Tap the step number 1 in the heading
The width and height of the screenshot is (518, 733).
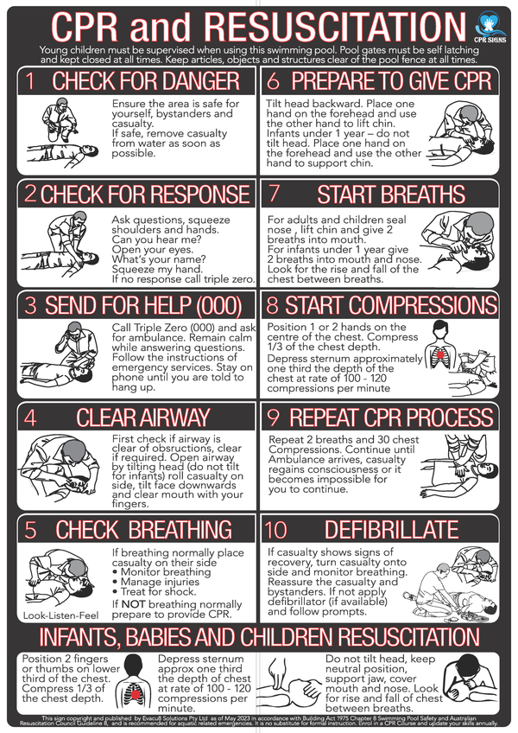(x=29, y=82)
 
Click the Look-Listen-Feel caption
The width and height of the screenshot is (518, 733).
(x=60, y=616)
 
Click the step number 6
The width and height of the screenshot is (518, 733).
(x=274, y=82)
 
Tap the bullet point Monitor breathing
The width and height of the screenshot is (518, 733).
(x=164, y=572)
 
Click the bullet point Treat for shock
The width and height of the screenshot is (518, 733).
(x=160, y=591)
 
